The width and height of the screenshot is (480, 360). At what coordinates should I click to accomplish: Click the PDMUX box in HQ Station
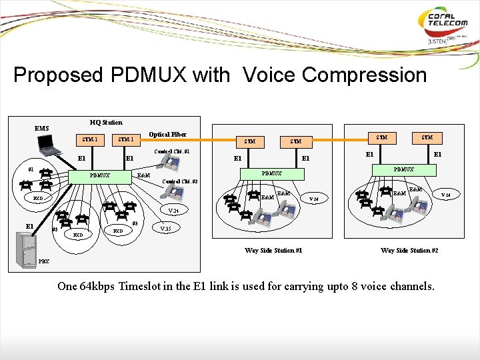[x=100, y=175]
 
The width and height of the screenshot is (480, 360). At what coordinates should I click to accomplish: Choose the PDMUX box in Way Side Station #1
[x=271, y=173]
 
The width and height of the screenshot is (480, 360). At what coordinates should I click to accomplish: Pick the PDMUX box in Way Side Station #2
[x=403, y=169]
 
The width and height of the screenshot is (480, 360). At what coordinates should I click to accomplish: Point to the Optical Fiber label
[x=167, y=134]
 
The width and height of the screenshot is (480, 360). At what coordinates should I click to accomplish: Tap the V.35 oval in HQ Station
[x=166, y=228]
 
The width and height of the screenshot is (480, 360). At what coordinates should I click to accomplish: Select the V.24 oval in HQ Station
[x=173, y=210]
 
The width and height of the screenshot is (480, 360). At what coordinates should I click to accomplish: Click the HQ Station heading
[x=106, y=122]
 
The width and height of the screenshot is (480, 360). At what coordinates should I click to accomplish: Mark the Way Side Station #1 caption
[x=273, y=250]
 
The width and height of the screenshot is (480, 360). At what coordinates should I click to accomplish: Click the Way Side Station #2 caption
[x=409, y=250]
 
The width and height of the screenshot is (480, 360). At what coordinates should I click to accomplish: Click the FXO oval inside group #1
[x=38, y=199]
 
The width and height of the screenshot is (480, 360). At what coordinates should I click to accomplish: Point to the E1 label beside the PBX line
[x=31, y=225]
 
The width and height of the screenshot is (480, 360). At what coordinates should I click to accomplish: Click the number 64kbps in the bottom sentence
[x=97, y=287]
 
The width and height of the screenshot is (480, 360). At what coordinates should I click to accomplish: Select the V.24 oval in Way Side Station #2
[x=447, y=195]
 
